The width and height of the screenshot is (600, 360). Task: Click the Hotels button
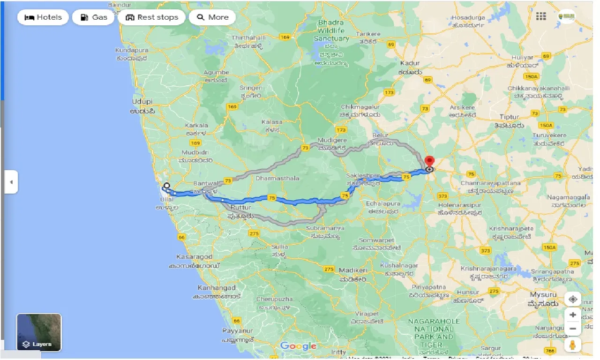pyautogui.click(x=43, y=17)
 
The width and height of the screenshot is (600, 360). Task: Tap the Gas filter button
pyautogui.click(x=94, y=17)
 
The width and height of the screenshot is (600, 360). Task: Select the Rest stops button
pyautogui.click(x=152, y=17)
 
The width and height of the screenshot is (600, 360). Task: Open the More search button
pyautogui.click(x=212, y=17)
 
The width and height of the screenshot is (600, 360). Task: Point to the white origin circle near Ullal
pyautogui.click(x=166, y=185)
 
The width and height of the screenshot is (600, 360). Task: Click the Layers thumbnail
pyautogui.click(x=39, y=332)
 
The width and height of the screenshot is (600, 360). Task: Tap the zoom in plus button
pyautogui.click(x=572, y=315)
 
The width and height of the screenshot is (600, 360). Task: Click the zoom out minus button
pyautogui.click(x=572, y=329)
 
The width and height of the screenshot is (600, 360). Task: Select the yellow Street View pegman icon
pyautogui.click(x=572, y=345)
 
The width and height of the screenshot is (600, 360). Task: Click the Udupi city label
pyautogui.click(x=142, y=102)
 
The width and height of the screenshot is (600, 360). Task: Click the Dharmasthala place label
pyautogui.click(x=277, y=178)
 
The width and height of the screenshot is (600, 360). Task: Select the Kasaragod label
pyautogui.click(x=195, y=257)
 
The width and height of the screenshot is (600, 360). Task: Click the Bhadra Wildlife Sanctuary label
pyautogui.click(x=331, y=30)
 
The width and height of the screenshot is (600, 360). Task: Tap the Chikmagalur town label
pyautogui.click(x=360, y=107)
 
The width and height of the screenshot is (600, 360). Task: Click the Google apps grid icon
pyautogui.click(x=541, y=16)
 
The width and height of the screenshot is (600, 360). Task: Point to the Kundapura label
pyautogui.click(x=132, y=50)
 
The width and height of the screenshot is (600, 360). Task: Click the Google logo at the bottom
pyautogui.click(x=298, y=346)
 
